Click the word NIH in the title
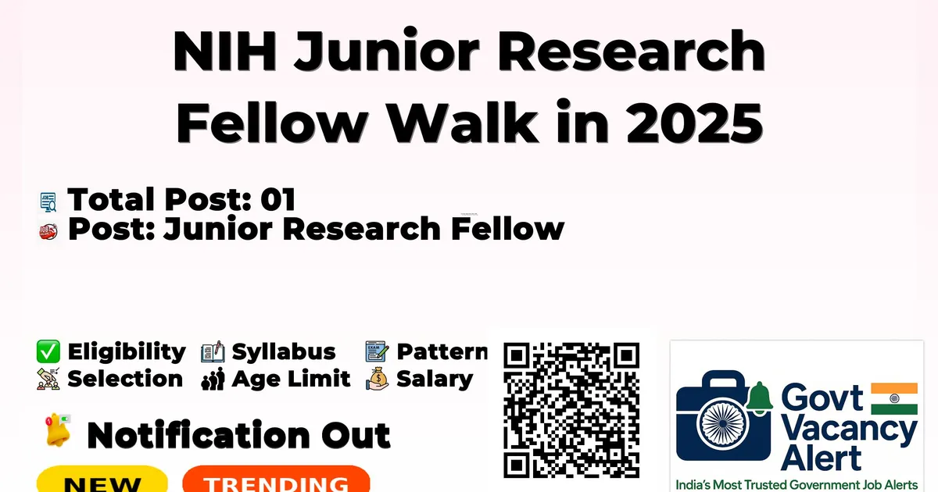(225, 51)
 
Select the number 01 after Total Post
(278, 199)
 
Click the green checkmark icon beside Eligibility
(48, 351)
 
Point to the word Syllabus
(284, 352)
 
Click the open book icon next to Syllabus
(213, 351)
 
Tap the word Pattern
(442, 352)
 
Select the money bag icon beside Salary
(378, 379)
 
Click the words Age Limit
(291, 379)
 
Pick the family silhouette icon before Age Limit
(213, 379)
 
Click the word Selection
(125, 379)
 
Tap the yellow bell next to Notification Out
(58, 430)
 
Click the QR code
(571, 410)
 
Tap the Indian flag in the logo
(894, 398)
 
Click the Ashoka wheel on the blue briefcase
(723, 423)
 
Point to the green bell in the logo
(760, 398)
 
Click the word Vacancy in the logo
(848, 430)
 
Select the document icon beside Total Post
(48, 201)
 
